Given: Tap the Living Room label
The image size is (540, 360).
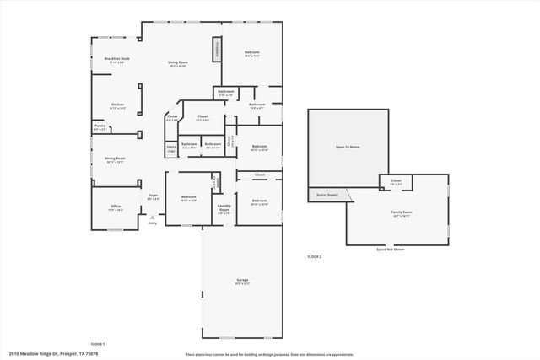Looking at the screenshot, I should click(x=177, y=62).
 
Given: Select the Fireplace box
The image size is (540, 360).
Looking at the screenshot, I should click(x=217, y=49).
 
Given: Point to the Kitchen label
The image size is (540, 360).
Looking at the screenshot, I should click(x=117, y=105).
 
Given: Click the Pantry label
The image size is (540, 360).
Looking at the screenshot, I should click(x=100, y=126).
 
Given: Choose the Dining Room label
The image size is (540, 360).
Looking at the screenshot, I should click(x=115, y=159).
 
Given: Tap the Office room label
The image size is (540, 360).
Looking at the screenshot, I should click(x=116, y=207).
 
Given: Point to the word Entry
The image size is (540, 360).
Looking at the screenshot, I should click(x=153, y=223).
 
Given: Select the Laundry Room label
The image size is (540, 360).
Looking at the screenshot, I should click(x=224, y=208).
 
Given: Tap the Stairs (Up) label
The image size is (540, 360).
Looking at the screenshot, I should click(x=170, y=148).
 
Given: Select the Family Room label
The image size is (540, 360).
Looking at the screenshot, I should click(x=402, y=212).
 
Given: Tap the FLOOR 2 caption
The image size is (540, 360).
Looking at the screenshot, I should click(x=314, y=256).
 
